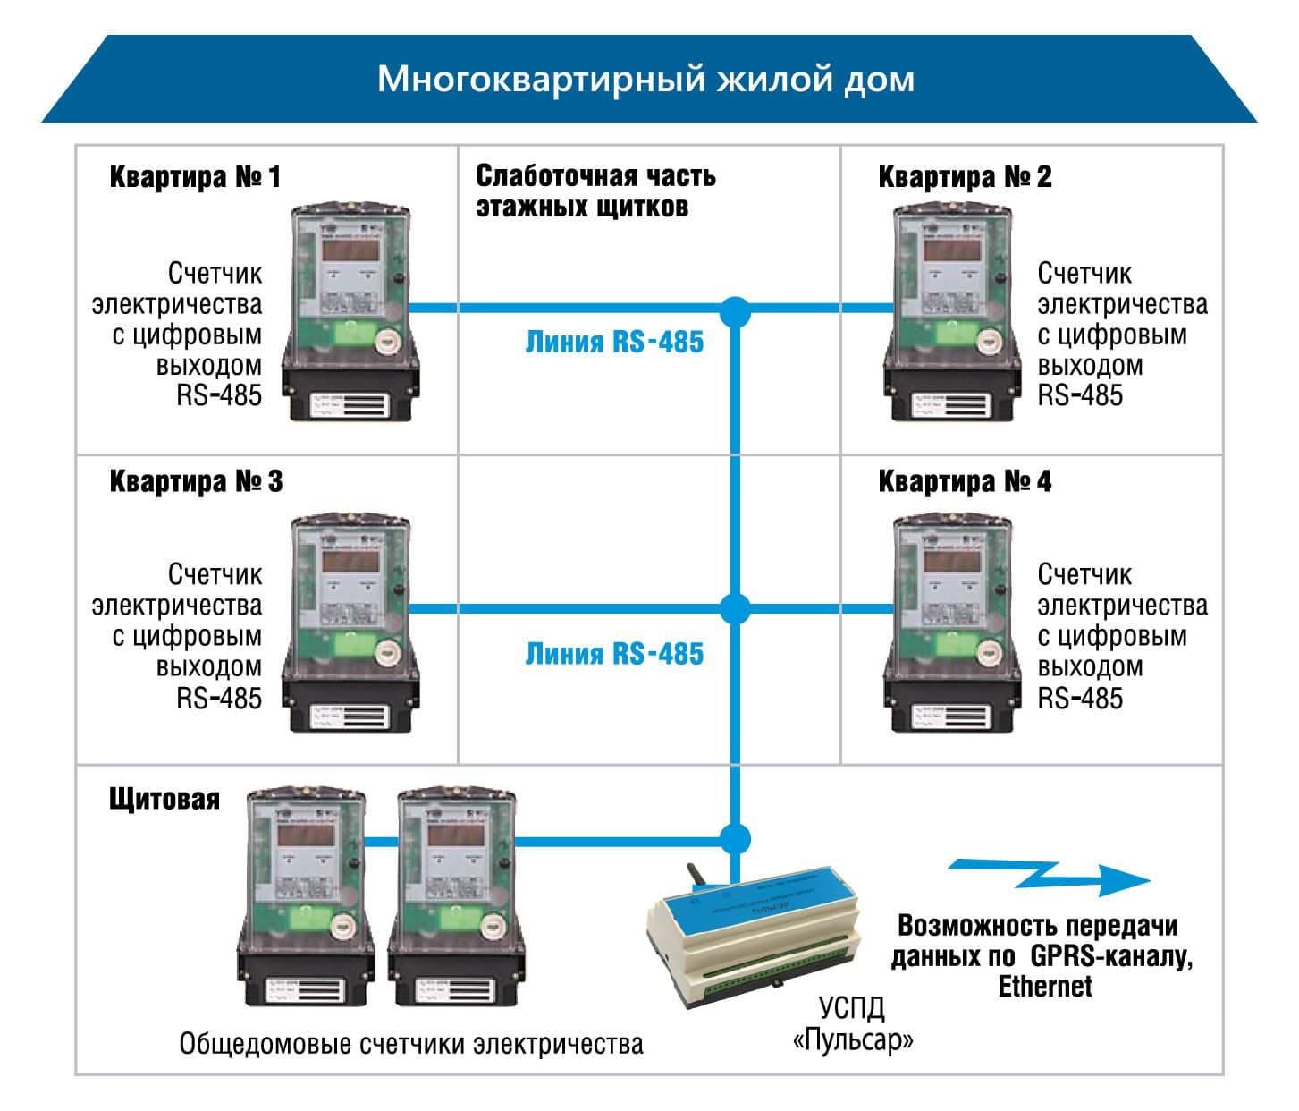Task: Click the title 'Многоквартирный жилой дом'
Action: [x=645, y=80]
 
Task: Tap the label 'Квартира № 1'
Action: [x=194, y=176]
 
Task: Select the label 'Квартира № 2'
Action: [x=965, y=176]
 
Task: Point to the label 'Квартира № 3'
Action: [x=195, y=481]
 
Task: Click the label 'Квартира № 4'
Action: [x=965, y=481]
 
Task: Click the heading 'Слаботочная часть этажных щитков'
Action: [x=595, y=191]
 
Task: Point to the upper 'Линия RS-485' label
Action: [x=614, y=342]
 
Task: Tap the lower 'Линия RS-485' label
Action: [x=614, y=653]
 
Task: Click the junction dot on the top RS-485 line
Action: [x=735, y=310]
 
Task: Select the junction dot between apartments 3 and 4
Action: [x=735, y=609]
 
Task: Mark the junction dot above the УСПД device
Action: [x=735, y=838]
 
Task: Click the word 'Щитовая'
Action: [x=164, y=798]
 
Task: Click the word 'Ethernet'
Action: [x=1044, y=986]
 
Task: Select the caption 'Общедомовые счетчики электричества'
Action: [x=411, y=1044]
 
